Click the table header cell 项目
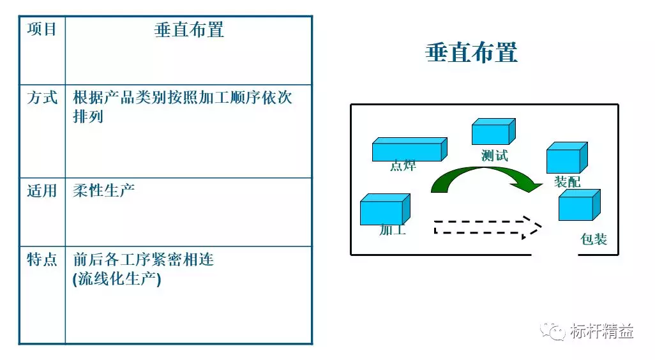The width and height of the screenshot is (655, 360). pyautogui.click(x=42, y=29)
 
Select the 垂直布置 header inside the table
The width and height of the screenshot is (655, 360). pyautogui.click(x=189, y=29)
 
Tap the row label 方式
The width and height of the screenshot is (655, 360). pyautogui.click(x=42, y=98)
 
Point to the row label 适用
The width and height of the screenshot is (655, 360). pyautogui.click(x=42, y=191)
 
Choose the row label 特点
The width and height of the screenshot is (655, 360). pyautogui.click(x=42, y=260)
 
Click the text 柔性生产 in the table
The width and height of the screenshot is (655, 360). pyautogui.click(x=104, y=191)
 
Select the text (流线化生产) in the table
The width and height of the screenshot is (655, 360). pyautogui.click(x=117, y=279)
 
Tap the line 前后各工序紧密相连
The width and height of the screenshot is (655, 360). pyautogui.click(x=144, y=260)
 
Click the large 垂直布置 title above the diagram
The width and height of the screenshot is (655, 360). pyautogui.click(x=471, y=53)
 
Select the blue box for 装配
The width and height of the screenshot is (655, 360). pyautogui.click(x=566, y=158)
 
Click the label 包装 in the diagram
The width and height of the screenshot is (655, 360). pyautogui.click(x=594, y=239)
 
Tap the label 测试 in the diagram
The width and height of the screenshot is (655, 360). pyautogui.click(x=495, y=155)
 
